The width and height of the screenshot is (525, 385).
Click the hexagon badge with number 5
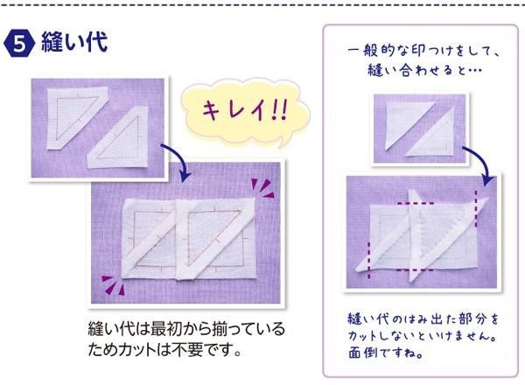[19, 44]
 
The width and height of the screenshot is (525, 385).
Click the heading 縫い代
[74, 42]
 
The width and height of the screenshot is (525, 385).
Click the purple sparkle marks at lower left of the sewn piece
[113, 285]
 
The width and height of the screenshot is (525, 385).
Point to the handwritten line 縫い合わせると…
[424, 70]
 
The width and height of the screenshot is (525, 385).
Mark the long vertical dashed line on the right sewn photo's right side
[476, 209]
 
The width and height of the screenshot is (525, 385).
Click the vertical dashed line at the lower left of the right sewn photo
[368, 260]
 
